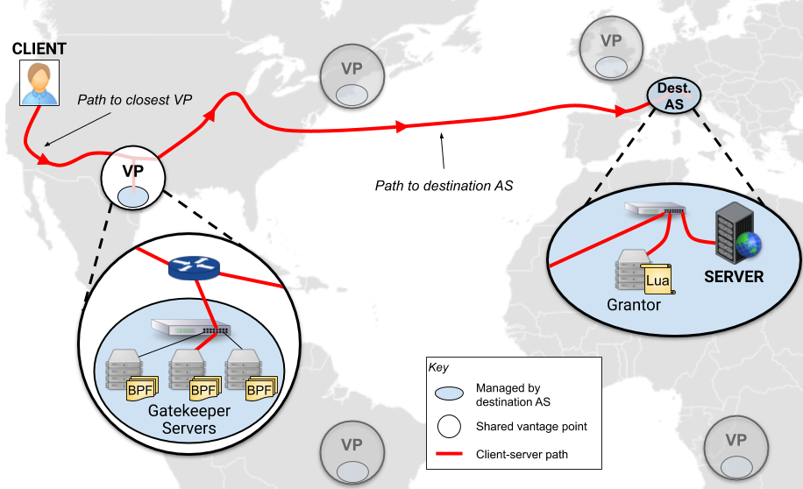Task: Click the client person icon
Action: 39,83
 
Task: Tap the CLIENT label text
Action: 39,48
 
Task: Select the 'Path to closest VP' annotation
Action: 134,100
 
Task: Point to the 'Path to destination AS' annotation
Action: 444,186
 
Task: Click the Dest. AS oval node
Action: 674,95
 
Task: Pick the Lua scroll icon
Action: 657,280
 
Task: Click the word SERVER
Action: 735,277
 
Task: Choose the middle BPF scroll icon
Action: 204,388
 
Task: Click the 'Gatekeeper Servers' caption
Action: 189,420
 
